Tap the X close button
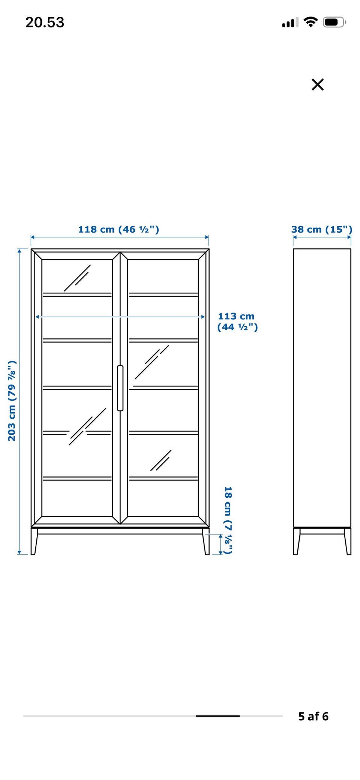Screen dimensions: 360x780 pos(318,84)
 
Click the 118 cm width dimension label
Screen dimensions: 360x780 pos(118,229)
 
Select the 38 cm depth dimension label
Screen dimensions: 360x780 pos(322,229)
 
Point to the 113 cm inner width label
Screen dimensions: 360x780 pos(237,322)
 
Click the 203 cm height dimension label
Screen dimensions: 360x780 pos(12,401)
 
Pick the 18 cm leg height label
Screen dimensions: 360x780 pos(228,520)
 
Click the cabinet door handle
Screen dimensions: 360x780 pos(120,388)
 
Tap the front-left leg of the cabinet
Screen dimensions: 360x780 pos(34,541)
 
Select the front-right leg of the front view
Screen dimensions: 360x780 pos(206,541)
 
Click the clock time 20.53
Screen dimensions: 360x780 pos(45,23)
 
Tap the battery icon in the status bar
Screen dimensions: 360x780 pos(334,22)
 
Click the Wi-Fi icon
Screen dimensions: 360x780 pos(310,22)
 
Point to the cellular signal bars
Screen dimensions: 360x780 pos(290,23)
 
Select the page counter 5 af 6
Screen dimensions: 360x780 pos(313,716)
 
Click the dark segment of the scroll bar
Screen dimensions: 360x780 pos(218,716)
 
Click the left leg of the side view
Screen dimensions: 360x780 pos(297,541)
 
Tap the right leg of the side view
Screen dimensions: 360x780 pos(348,541)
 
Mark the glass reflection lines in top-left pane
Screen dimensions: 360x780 pos(77,278)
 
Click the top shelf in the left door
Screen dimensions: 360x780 pos(77,295)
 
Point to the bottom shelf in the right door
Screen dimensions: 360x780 pos(163,478)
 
